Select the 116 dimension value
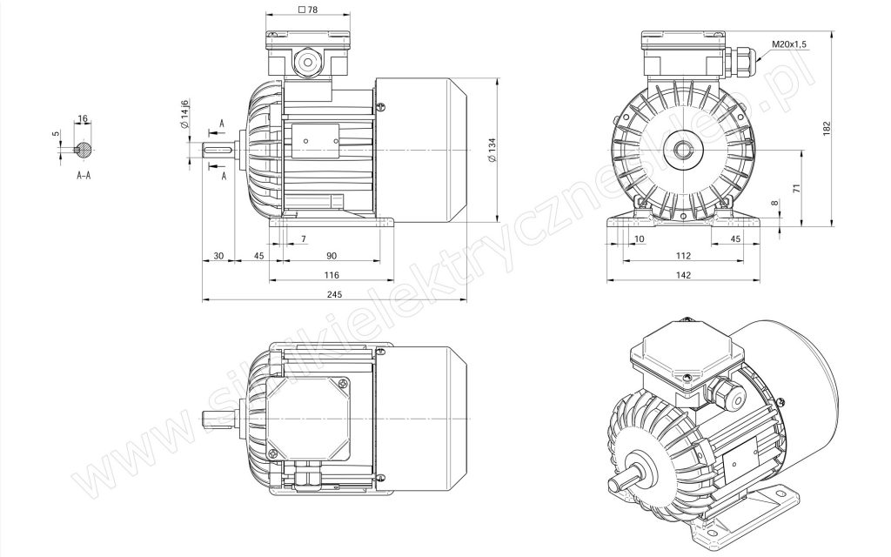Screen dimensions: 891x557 [332, 275]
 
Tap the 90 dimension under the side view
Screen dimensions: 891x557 [332, 256]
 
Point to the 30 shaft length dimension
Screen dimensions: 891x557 [218, 256]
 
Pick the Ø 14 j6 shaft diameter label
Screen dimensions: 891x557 [184, 114]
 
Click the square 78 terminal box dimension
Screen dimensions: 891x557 [307, 10]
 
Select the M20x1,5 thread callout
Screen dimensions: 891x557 [789, 44]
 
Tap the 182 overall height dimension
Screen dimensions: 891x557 [827, 128]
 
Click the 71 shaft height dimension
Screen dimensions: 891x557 [797, 188]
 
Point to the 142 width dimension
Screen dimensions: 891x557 [684, 275]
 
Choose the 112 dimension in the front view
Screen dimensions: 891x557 [684, 256]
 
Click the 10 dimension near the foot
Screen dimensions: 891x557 [640, 238]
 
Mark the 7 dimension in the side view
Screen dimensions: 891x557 [304, 238]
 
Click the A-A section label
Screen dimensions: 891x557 [84, 176]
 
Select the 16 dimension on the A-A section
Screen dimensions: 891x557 [83, 118]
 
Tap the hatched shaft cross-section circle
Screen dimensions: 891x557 [84, 150]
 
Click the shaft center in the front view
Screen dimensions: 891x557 [682, 150]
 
